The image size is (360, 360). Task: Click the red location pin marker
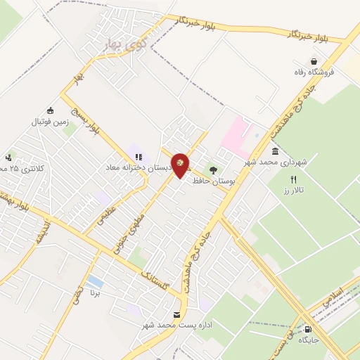coord(181,165)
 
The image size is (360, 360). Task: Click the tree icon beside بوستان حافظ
coord(213,169)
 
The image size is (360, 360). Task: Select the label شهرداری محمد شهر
coord(276,162)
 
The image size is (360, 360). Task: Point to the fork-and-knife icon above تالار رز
coord(294,179)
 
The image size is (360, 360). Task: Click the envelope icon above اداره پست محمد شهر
coord(176,314)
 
